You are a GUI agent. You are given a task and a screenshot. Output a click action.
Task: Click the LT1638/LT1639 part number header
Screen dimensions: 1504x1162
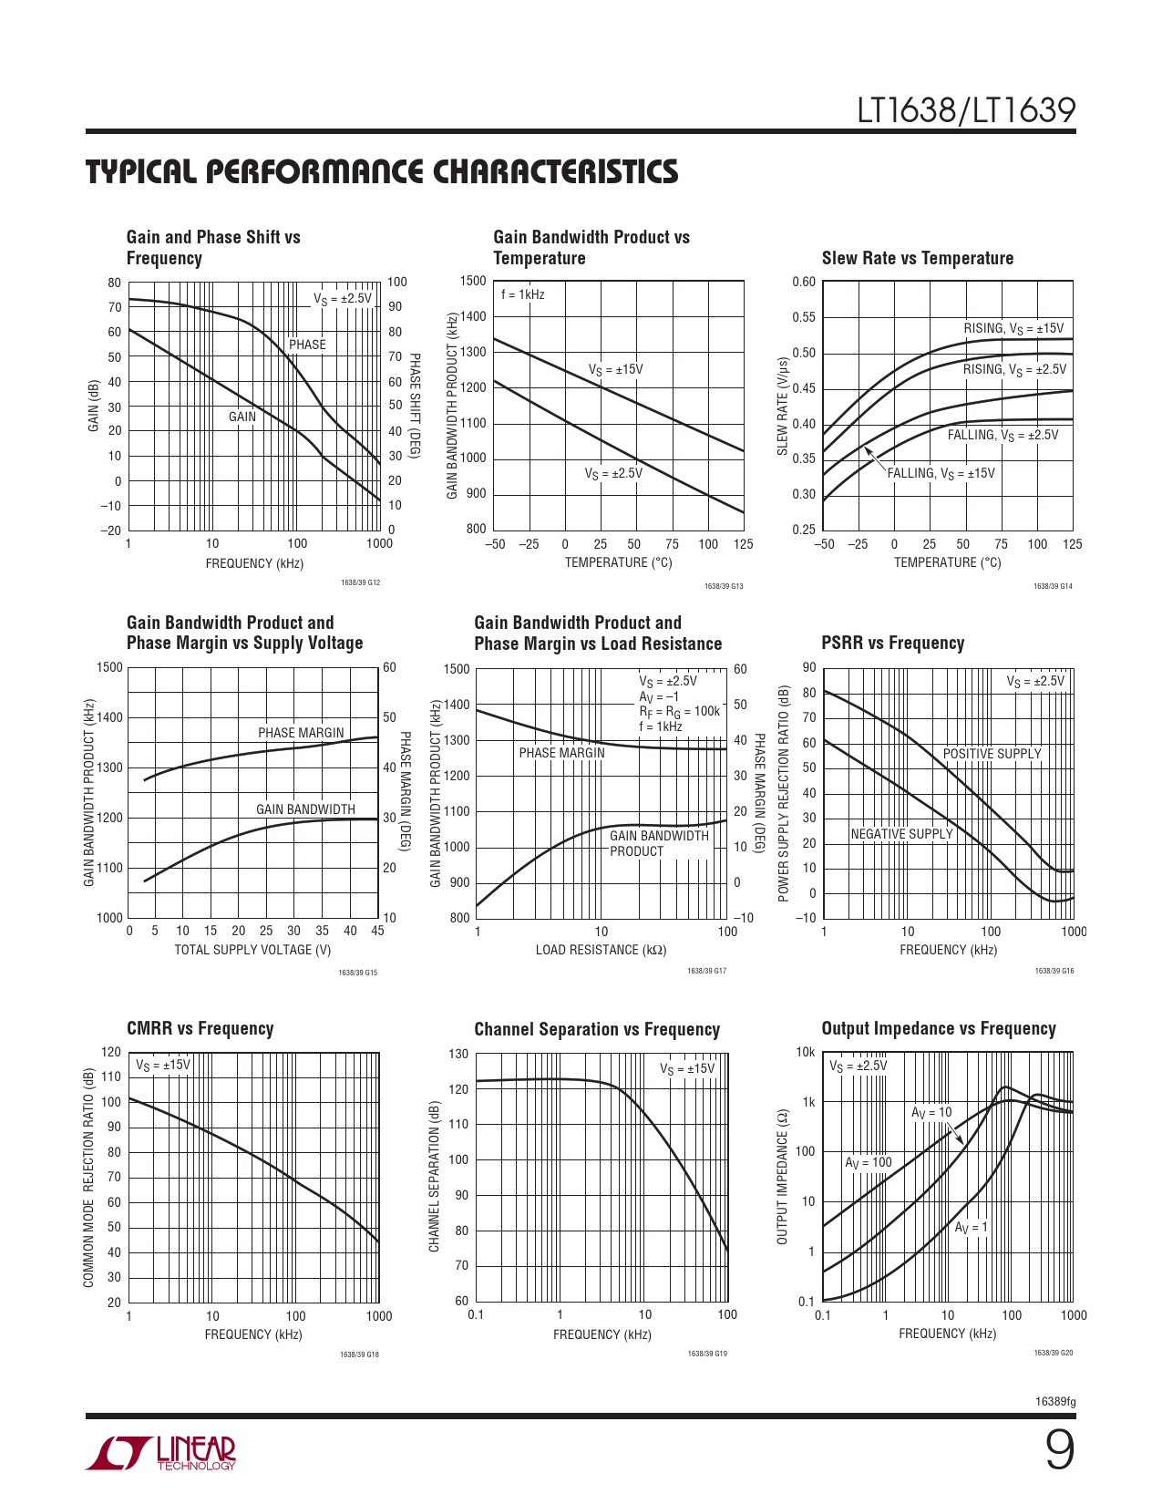pyautogui.click(x=966, y=111)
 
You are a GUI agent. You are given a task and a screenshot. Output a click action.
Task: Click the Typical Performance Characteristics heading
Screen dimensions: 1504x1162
pyautogui.click(x=382, y=172)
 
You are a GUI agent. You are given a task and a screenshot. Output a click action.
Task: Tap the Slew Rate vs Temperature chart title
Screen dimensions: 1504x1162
pyautogui.click(x=917, y=258)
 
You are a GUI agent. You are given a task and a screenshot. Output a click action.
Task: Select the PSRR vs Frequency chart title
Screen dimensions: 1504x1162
pyautogui.click(x=892, y=643)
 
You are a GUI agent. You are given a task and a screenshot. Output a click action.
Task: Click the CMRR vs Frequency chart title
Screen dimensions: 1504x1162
pyautogui.click(x=200, y=1028)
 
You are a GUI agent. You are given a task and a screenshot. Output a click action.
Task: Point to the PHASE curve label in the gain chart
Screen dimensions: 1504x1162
pyautogui.click(x=307, y=345)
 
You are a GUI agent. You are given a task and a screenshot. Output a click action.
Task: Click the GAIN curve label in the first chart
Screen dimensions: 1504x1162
pyautogui.click(x=242, y=417)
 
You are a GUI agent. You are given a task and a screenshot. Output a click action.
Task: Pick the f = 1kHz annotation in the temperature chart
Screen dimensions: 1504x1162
pyautogui.click(x=523, y=294)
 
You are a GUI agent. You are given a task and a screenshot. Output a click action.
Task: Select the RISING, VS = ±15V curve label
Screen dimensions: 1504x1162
pyautogui.click(x=1013, y=329)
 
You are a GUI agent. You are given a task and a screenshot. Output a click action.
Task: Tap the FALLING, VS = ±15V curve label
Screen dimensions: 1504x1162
pyautogui.click(x=941, y=474)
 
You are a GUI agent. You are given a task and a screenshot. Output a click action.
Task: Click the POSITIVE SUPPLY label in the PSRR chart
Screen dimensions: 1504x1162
pyautogui.click(x=992, y=754)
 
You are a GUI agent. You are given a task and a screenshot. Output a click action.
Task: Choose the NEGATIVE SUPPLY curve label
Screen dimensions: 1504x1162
pyautogui.click(x=901, y=834)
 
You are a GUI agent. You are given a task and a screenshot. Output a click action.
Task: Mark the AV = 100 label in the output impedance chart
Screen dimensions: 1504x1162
pyautogui.click(x=868, y=1162)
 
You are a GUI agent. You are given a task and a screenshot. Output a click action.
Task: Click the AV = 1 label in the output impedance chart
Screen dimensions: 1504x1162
pyautogui.click(x=971, y=1228)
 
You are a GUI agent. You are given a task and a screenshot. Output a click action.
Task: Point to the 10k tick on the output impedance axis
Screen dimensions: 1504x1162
pyautogui.click(x=806, y=1052)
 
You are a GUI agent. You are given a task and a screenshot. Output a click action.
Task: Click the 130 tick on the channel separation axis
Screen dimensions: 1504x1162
pyautogui.click(x=458, y=1054)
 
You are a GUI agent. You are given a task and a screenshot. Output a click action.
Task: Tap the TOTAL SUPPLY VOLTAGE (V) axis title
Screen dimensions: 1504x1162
pyautogui.click(x=252, y=950)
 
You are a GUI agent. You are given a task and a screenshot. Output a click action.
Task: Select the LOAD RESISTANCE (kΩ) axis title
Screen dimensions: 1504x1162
pyautogui.click(x=601, y=950)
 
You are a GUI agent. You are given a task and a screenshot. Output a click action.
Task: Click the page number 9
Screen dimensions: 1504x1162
pyautogui.click(x=1059, y=1450)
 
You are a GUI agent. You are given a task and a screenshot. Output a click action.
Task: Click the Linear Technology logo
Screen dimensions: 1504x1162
pyautogui.click(x=161, y=1453)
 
